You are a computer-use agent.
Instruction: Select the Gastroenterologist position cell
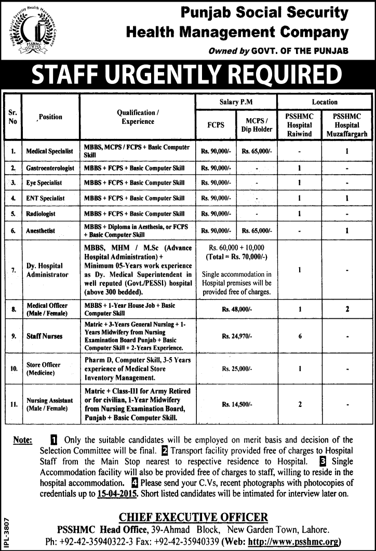[50, 168]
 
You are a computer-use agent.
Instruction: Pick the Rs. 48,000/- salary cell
[236, 309]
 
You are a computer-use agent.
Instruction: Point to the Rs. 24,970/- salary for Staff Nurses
[236, 336]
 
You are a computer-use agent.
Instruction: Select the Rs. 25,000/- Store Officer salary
[236, 369]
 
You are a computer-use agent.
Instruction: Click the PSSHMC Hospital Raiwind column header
[299, 125]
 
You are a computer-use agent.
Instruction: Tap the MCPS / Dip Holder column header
[257, 125]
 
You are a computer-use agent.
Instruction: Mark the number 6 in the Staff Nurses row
[300, 336]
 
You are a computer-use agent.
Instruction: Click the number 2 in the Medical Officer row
[346, 309]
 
